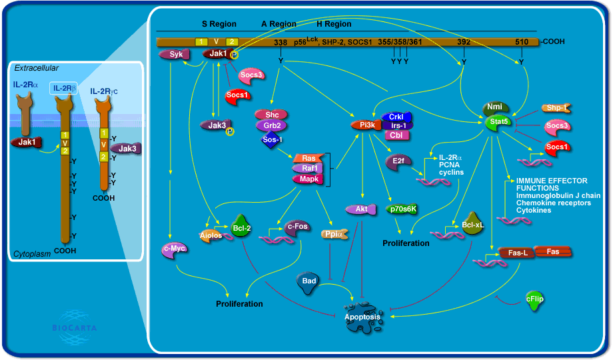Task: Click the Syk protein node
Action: pyautogui.click(x=176, y=55)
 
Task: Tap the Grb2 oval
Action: pyautogui.click(x=271, y=125)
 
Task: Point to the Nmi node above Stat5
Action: pyautogui.click(x=495, y=107)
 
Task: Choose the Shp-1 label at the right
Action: pyautogui.click(x=555, y=107)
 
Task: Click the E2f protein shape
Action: pyautogui.click(x=398, y=161)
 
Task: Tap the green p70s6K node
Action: pyautogui.click(x=402, y=209)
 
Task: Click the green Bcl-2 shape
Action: pyautogui.click(x=242, y=227)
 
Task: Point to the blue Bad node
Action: pyautogui.click(x=308, y=281)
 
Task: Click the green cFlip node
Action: pyautogui.click(x=534, y=299)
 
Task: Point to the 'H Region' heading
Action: pyautogui.click(x=334, y=24)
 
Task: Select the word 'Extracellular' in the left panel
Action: pyautogui.click(x=37, y=68)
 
